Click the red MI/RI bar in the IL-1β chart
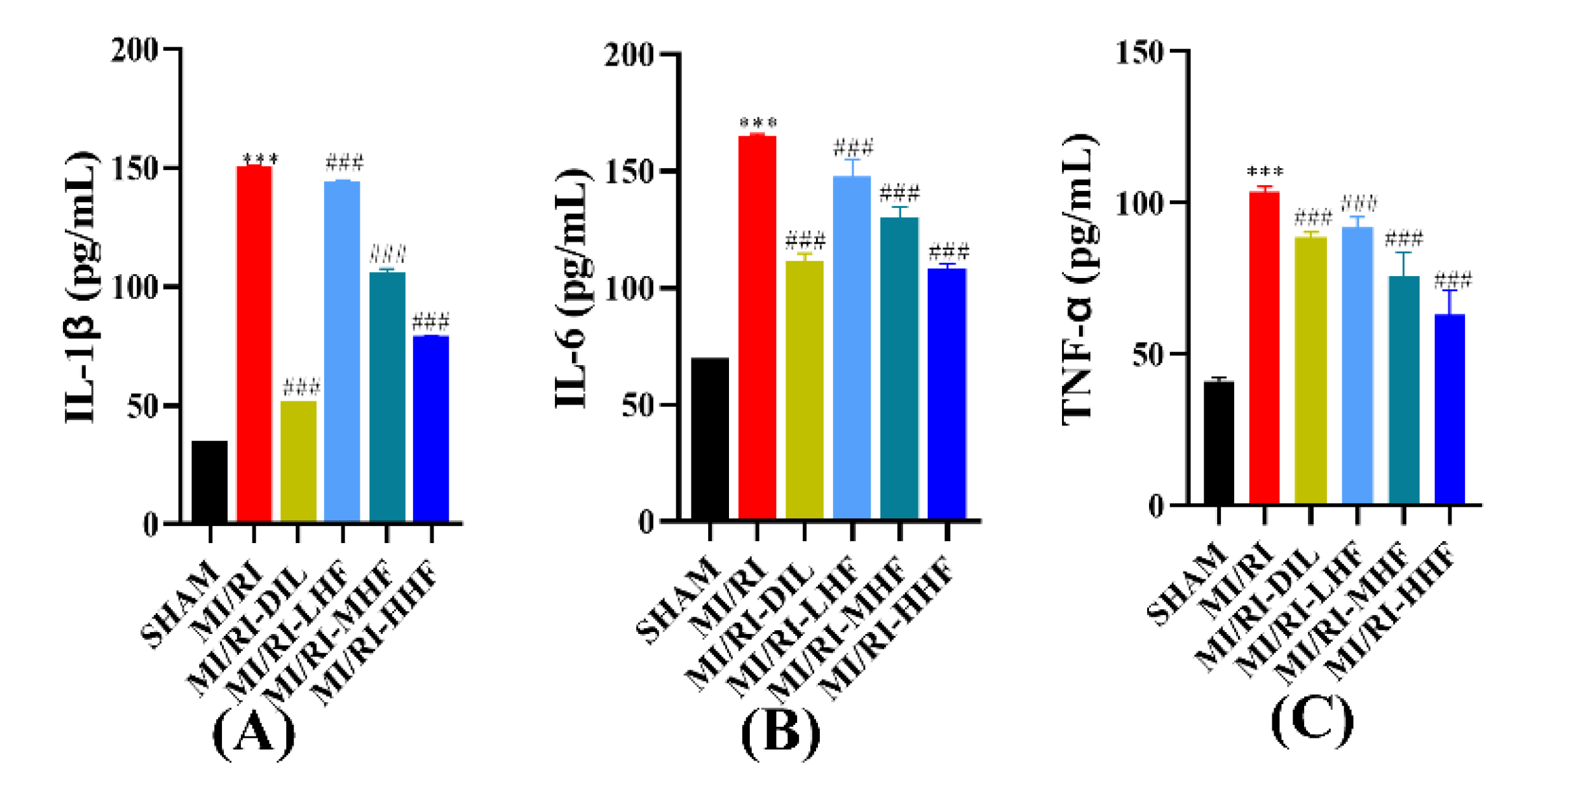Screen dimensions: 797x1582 (254, 344)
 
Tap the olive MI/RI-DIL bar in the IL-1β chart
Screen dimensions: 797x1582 (298, 461)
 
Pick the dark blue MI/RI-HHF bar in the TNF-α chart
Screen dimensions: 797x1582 (1449, 409)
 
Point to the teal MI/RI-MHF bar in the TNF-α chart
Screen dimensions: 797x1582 (1403, 390)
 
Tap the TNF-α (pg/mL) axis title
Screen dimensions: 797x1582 (1079, 279)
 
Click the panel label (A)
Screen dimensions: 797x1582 (253, 735)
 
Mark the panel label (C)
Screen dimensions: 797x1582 (1311, 722)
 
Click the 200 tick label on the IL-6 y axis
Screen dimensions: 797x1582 (628, 55)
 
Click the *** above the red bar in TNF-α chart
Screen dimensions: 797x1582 (1264, 173)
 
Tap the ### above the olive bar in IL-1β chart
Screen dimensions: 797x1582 (301, 388)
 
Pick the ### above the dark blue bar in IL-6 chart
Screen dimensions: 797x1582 (948, 251)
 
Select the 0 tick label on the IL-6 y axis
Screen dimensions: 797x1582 (646, 522)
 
